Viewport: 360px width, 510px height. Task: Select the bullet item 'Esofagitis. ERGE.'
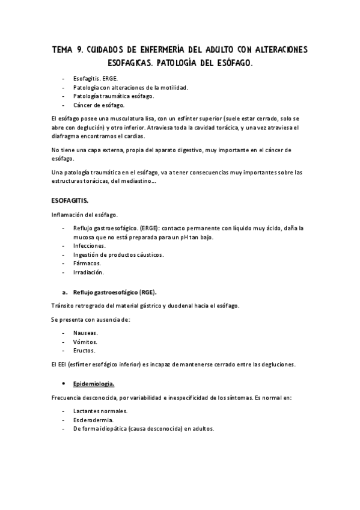pyautogui.click(x=96, y=79)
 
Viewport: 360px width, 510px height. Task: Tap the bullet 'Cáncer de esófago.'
pyautogui.click(x=99, y=105)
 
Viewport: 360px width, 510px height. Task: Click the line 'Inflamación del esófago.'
pyautogui.click(x=84, y=215)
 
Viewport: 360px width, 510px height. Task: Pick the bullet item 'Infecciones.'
pyautogui.click(x=89, y=246)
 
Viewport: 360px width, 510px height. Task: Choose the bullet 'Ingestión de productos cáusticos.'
pyautogui.click(x=118, y=254)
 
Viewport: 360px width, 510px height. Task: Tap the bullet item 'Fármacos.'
pyautogui.click(x=87, y=263)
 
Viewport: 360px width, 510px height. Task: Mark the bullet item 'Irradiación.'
pyautogui.click(x=90, y=272)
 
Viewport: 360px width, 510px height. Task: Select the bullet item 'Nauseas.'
pyautogui.click(x=85, y=333)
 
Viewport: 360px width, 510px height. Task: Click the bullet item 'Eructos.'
pyautogui.click(x=84, y=350)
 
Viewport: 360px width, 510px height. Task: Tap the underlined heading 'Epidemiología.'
pyautogui.click(x=94, y=382)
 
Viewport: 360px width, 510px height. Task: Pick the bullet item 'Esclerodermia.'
pyautogui.click(x=93, y=420)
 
